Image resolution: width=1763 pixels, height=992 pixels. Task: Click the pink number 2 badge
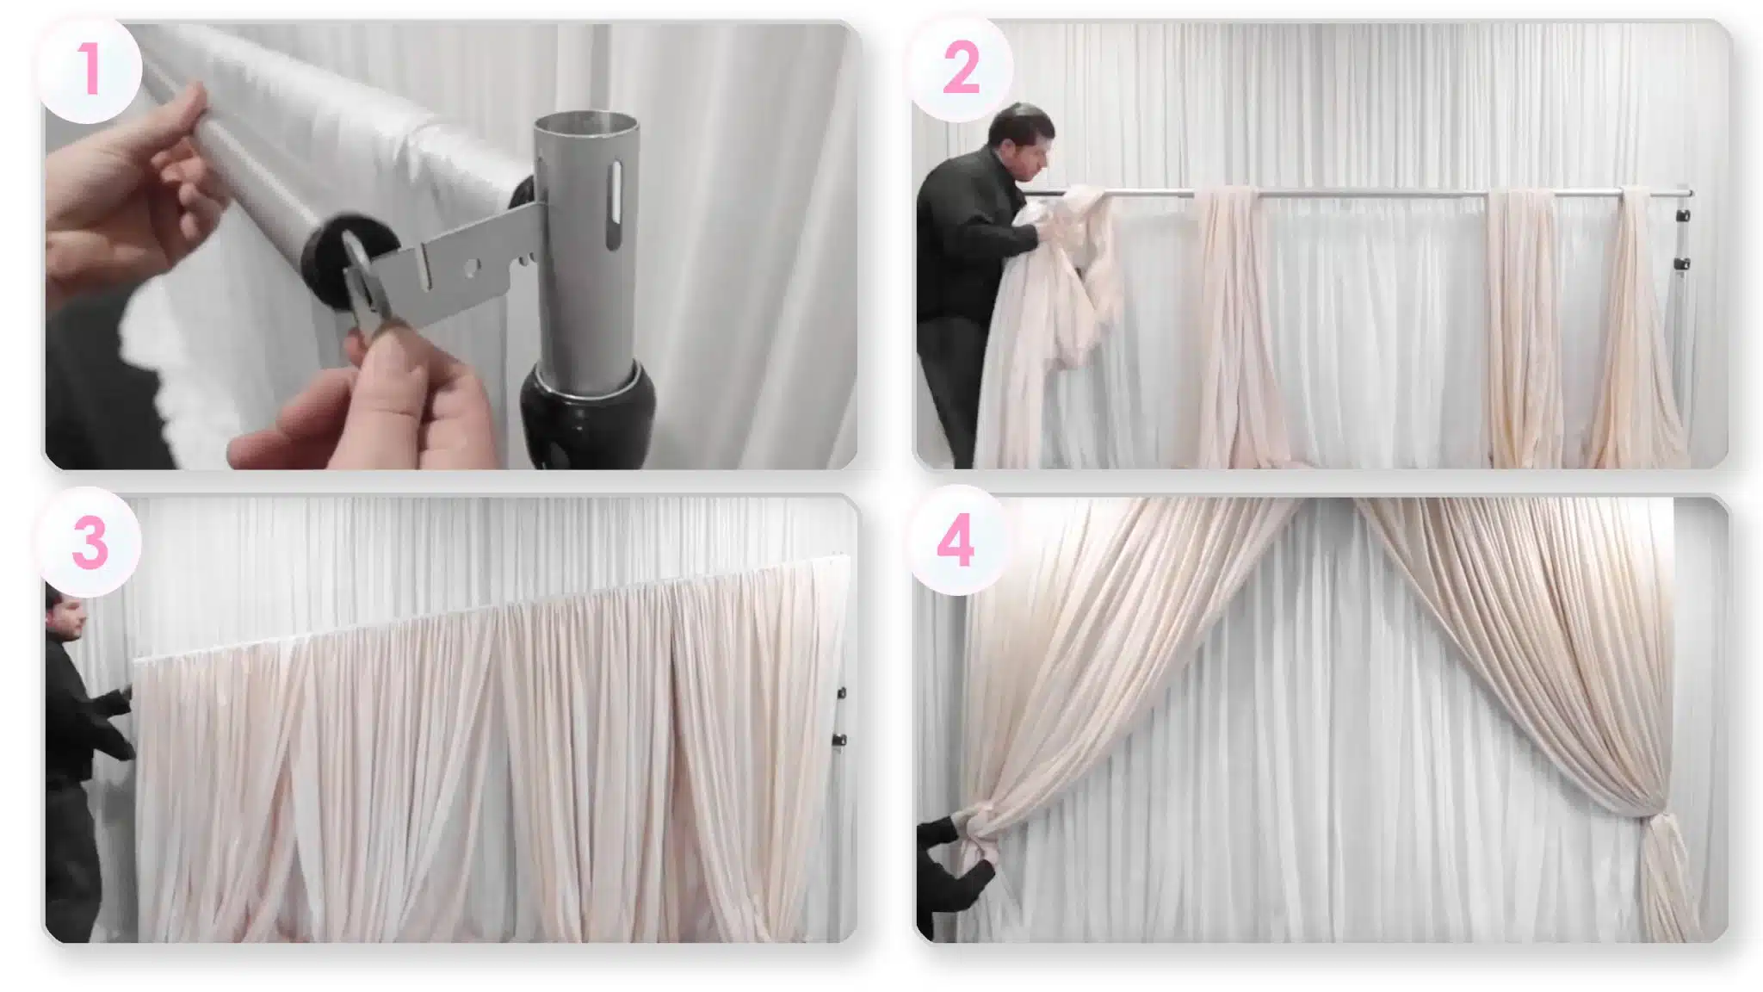click(961, 69)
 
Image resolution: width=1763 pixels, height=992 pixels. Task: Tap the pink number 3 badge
click(90, 543)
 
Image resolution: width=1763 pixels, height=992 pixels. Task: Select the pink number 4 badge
click(956, 541)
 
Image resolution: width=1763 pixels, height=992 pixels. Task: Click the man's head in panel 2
click(1022, 138)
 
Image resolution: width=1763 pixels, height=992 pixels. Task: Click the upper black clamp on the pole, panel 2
click(1683, 216)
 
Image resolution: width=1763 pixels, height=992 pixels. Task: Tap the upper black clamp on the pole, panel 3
click(841, 692)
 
